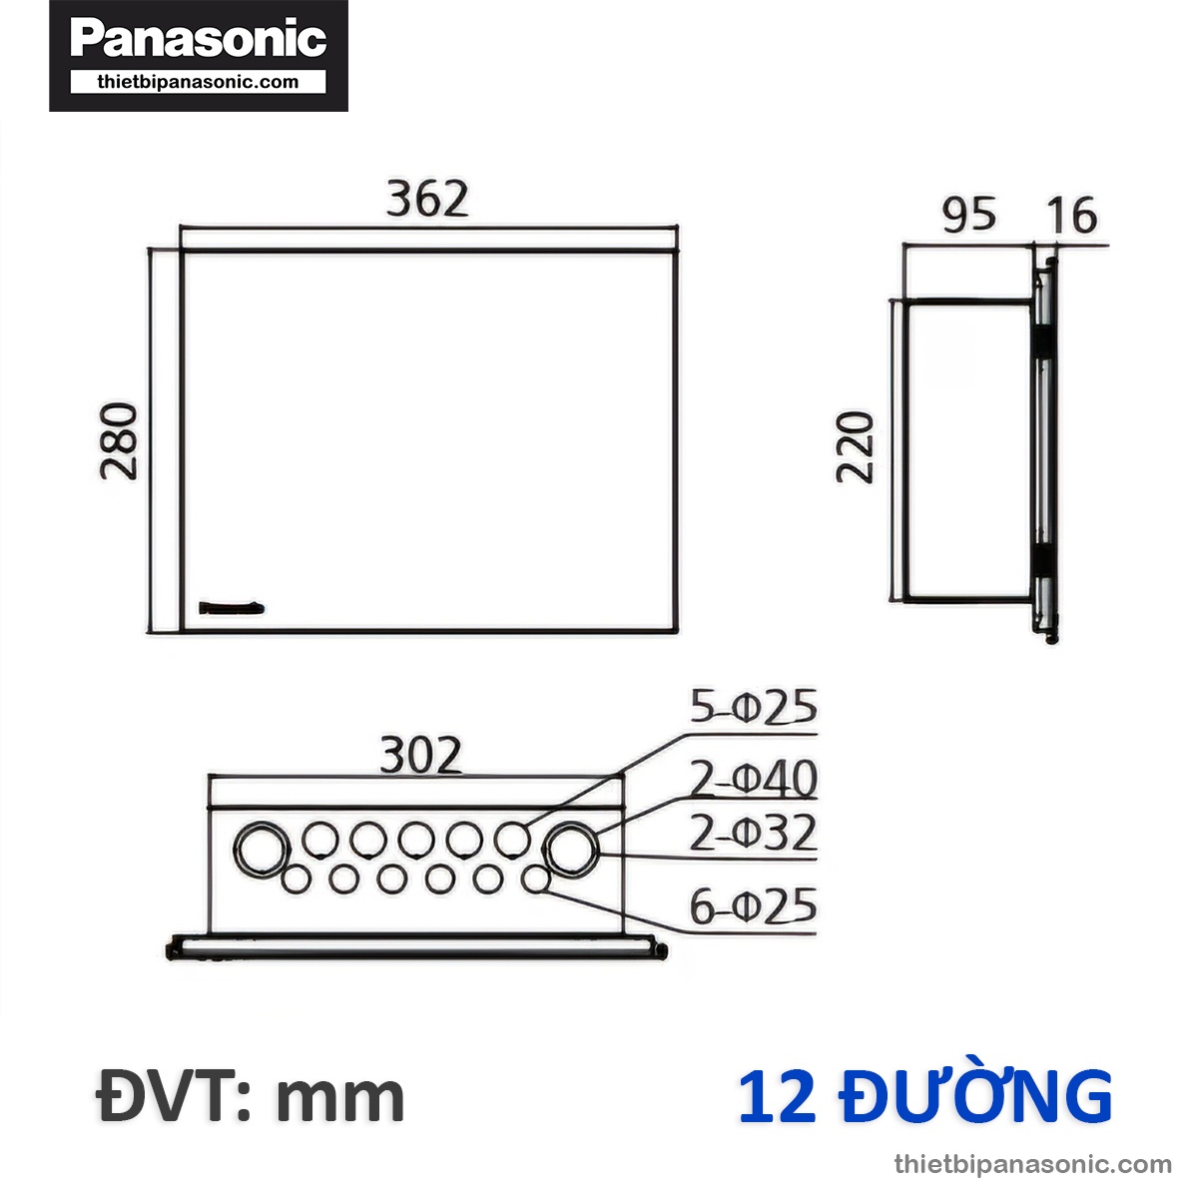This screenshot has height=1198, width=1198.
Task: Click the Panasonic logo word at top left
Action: [x=198, y=39]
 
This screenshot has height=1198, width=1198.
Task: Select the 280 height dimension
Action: [x=121, y=440]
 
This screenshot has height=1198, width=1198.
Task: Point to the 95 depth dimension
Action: [x=967, y=215]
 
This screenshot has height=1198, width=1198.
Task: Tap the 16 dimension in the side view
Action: [x=1072, y=216]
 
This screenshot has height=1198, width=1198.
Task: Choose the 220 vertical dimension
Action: [x=856, y=447]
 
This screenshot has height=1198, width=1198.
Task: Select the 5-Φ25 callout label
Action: [x=754, y=708]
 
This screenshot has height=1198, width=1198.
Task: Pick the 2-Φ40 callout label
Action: [x=754, y=780]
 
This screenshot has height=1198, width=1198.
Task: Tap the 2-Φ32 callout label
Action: [x=754, y=834]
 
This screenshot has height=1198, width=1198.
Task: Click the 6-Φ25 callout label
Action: [x=754, y=907]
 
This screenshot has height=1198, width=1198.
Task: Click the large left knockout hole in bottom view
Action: [x=262, y=849]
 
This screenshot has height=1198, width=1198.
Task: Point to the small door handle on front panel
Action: [x=232, y=607]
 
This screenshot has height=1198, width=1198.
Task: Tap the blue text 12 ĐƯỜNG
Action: [x=924, y=1096]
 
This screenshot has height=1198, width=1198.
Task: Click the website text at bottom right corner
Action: [x=1033, y=1164]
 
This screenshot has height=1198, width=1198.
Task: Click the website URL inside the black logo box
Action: [x=198, y=82]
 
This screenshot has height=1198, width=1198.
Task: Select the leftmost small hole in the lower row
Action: [x=296, y=880]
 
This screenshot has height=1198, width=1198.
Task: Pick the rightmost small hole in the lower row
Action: [x=536, y=880]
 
